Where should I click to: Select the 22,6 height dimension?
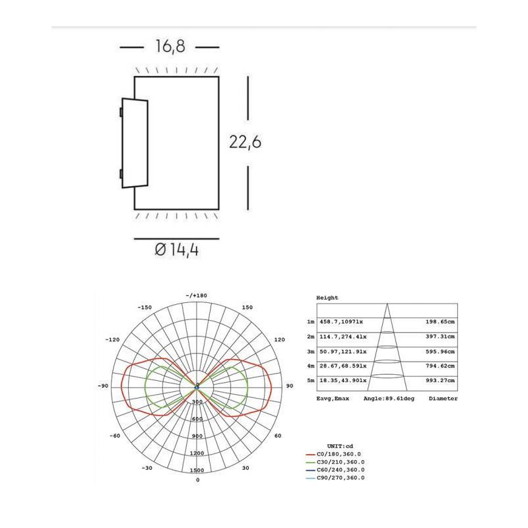coord(246,143)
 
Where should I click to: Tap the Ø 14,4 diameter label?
coord(176,250)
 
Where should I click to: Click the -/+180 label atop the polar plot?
coord(197,295)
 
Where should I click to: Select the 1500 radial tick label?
coord(197,471)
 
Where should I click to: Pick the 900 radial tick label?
coord(197,436)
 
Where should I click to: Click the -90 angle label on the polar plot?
coord(104,385)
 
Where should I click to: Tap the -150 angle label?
coord(145,308)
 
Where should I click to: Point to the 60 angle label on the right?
coord(277,436)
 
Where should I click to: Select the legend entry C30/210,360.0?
coord(341,462)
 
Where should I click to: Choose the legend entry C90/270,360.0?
coord(341,478)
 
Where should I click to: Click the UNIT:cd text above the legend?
coord(341,446)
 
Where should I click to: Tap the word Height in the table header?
coord(327,298)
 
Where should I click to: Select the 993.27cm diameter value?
coord(440,381)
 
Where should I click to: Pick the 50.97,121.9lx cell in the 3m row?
coord(342,351)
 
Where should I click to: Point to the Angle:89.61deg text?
coord(389,399)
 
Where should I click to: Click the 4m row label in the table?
coord(310,366)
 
